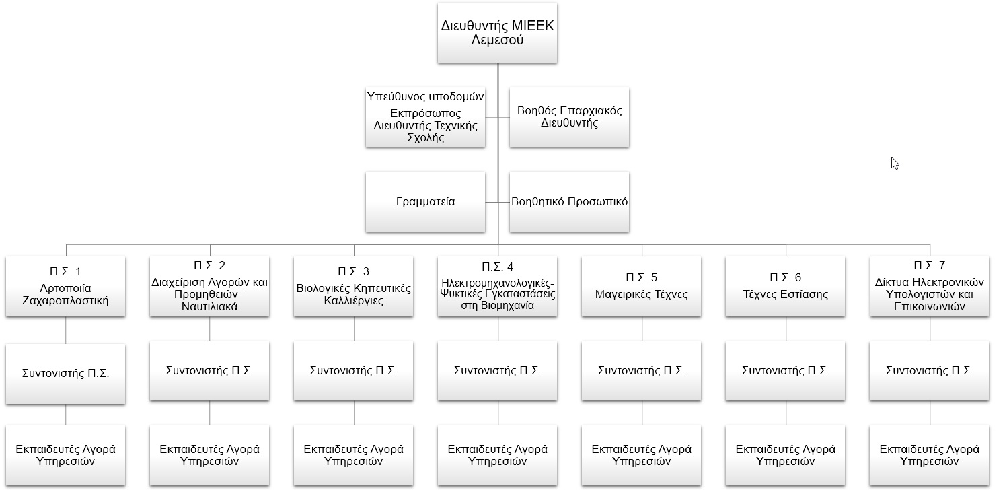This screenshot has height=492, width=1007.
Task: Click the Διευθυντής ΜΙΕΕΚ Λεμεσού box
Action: [497, 33]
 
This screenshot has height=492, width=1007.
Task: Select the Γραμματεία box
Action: [425, 201]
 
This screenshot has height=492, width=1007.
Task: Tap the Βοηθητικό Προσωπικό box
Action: [569, 201]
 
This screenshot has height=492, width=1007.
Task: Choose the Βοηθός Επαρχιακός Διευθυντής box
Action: [569, 117]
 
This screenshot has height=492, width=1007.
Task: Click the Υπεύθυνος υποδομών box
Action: [425, 117]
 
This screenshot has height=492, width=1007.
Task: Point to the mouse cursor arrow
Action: [895, 164]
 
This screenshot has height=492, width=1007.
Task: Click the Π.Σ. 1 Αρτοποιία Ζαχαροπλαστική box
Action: [66, 287]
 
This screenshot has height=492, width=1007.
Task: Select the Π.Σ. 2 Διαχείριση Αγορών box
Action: [209, 287]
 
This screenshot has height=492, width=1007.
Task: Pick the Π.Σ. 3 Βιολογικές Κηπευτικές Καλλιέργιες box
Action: [353, 287]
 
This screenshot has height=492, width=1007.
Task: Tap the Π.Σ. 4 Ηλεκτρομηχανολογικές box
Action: [497, 287]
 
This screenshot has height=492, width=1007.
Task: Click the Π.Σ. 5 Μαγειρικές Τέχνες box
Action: [641, 287]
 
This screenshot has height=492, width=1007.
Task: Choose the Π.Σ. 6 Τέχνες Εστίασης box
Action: [786, 287]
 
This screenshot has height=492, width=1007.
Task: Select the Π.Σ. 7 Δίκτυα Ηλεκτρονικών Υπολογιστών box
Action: [929, 287]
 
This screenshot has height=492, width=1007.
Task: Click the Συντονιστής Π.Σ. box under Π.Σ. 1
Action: [66, 374]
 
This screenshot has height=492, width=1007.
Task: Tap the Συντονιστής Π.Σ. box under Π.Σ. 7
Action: [929, 371]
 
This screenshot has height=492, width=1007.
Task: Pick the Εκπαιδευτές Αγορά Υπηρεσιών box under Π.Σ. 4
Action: [497, 455]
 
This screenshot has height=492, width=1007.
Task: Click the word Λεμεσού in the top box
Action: [497, 40]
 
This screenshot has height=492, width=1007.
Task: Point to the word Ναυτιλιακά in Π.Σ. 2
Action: [209, 307]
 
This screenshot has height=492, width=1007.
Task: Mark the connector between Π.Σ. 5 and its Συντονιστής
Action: [642, 328]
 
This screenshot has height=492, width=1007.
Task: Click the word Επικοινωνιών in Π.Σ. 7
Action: [929, 307]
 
